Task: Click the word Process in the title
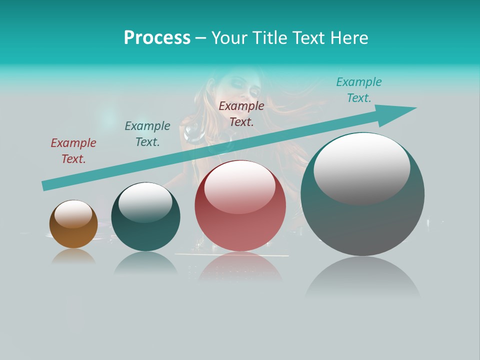pos(157,38)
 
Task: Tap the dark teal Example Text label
pos(147,134)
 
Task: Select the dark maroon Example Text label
pos(241,114)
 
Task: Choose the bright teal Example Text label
pos(359,90)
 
